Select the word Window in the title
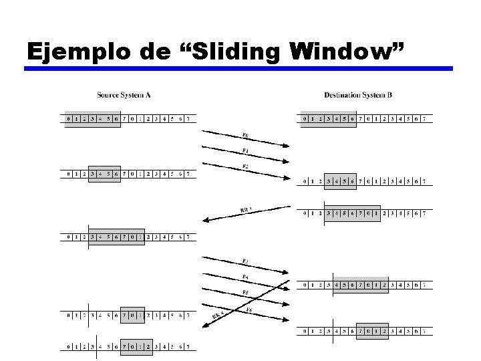click(345, 51)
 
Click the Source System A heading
click(124, 95)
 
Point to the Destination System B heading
click(358, 95)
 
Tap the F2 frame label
click(245, 165)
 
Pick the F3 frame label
click(245, 260)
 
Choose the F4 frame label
click(245, 276)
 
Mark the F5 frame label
click(245, 292)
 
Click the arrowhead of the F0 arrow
click(287, 144)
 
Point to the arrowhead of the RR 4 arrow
click(204, 327)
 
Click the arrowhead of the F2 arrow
click(287, 178)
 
